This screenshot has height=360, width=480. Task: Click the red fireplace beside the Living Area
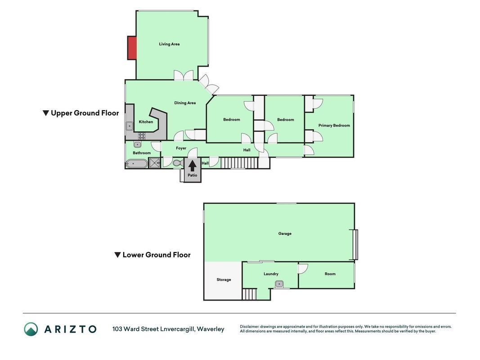click(x=132, y=48)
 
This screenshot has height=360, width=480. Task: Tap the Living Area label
click(x=169, y=44)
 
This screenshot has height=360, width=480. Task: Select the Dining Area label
click(x=185, y=103)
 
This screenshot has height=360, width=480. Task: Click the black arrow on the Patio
click(x=192, y=166)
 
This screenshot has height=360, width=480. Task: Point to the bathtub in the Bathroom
click(x=136, y=164)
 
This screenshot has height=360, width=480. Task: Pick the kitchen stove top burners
click(x=142, y=136)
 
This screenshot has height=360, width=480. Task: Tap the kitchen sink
click(x=130, y=126)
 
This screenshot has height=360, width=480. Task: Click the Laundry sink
click(x=279, y=284)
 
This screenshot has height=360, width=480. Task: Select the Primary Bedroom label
click(x=334, y=126)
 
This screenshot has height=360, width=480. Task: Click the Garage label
click(x=285, y=234)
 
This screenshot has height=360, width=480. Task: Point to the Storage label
click(x=224, y=279)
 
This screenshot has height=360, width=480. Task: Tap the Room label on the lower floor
click(x=330, y=274)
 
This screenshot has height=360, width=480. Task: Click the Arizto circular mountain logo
click(x=31, y=329)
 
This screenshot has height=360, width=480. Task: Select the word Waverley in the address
click(x=211, y=329)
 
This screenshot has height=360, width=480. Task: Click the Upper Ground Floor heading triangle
click(x=45, y=113)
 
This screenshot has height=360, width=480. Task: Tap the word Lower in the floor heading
click(x=133, y=255)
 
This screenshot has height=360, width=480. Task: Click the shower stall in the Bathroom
click(x=154, y=163)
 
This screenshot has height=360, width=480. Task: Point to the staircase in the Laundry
click(x=249, y=294)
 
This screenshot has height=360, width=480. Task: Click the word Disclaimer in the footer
click(x=250, y=327)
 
